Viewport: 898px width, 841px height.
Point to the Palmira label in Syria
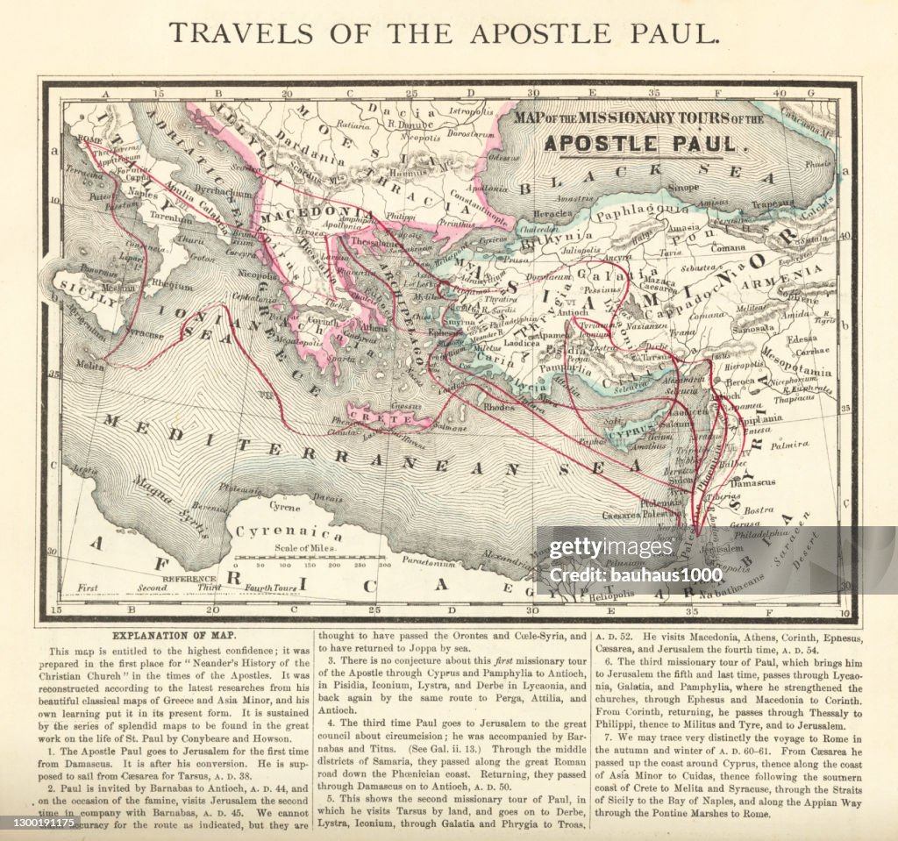tap(788, 445)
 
